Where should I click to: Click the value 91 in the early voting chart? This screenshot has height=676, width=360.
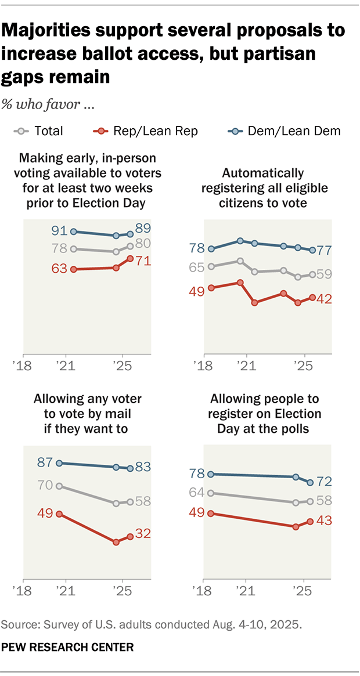[59, 231]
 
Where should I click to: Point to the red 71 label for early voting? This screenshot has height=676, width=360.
[143, 261]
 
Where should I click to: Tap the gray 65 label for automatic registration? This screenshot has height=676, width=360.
[197, 267]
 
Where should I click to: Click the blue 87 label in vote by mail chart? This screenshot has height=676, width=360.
[45, 462]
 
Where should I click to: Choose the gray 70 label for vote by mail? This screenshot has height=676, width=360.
[45, 485]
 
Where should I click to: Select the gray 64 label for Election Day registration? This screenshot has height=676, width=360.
[197, 493]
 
